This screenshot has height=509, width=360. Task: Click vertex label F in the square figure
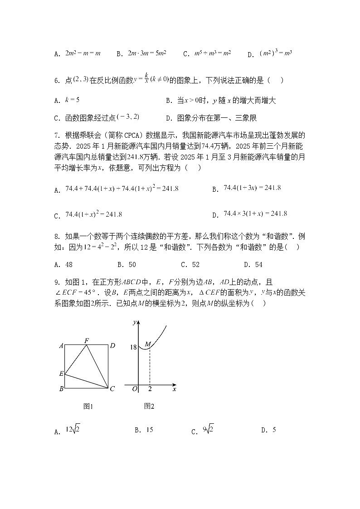click(x=87, y=340)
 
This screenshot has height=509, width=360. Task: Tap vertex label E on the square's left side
click(x=61, y=374)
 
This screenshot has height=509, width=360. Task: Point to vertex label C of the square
click(x=112, y=388)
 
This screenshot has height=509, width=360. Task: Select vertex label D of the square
click(x=112, y=346)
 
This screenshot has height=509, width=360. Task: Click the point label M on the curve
click(x=147, y=345)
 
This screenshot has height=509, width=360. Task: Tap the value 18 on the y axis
click(x=133, y=347)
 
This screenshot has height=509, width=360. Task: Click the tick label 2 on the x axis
click(x=150, y=389)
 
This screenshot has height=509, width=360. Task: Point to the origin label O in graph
click(x=135, y=389)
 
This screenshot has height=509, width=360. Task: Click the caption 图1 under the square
click(x=88, y=406)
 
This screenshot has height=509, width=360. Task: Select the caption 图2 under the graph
click(x=149, y=406)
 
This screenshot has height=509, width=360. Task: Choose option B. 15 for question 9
click(x=144, y=430)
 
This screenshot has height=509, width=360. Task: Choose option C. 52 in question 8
click(x=190, y=265)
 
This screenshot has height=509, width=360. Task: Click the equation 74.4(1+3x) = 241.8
click(x=252, y=188)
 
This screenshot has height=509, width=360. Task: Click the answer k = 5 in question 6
click(x=73, y=99)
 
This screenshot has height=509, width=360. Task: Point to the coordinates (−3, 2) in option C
click(x=128, y=117)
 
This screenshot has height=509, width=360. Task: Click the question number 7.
click(x=57, y=135)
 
